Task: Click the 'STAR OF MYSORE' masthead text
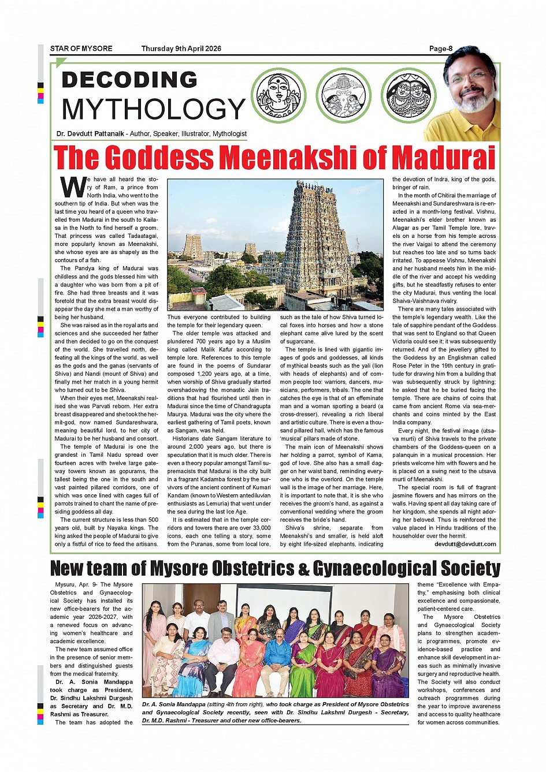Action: [81, 49]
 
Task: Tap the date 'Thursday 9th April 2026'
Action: [181, 49]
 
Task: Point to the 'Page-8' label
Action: [441, 49]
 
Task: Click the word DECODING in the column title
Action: [129, 80]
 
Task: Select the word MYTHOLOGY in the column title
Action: [154, 109]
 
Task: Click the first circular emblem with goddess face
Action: [278, 95]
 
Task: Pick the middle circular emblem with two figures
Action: [343, 95]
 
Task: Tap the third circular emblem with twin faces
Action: [409, 95]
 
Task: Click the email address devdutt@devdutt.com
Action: [465, 544]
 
